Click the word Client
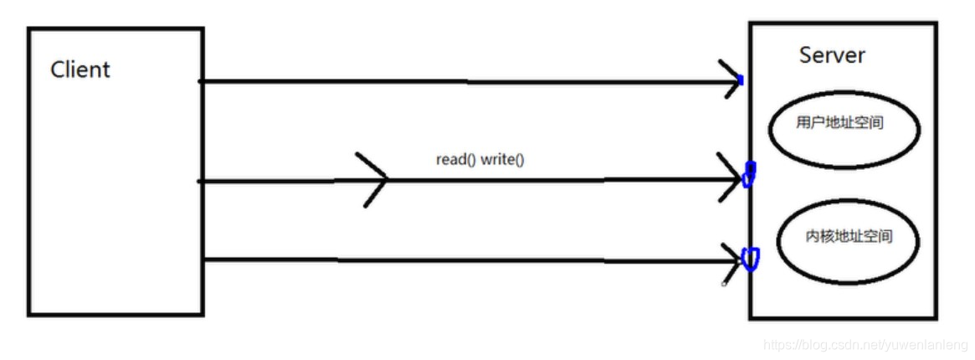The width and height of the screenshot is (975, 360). (80, 69)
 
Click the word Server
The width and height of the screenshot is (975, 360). (832, 56)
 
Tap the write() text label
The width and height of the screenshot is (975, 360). (502, 159)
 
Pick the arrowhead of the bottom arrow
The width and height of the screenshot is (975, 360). (732, 261)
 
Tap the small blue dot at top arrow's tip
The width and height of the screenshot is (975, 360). (741, 80)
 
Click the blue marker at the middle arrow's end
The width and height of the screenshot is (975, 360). (749, 174)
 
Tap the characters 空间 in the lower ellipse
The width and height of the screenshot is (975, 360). (880, 237)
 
